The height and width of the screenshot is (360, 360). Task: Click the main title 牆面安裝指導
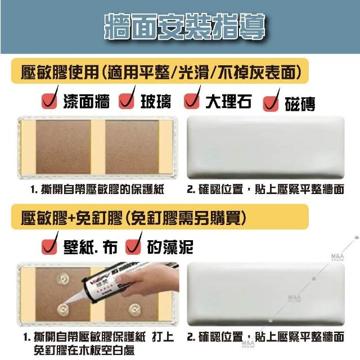(x=184, y=26)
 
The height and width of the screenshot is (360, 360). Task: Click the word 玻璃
(x=156, y=101)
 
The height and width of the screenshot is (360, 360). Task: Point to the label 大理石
(x=228, y=101)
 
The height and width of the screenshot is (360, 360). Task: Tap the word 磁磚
(x=300, y=104)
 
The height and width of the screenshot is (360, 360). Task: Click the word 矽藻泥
(x=170, y=247)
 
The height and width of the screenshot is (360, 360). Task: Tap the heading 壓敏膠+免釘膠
(x=71, y=218)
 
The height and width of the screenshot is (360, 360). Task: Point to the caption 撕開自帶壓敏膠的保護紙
(x=102, y=190)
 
